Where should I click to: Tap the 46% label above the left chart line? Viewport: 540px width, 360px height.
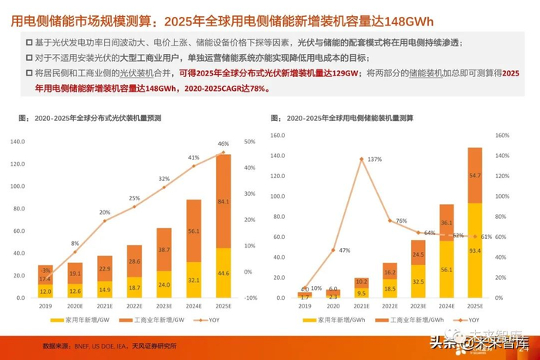pos(223,144)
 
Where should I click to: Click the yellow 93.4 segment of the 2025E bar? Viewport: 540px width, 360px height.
pos(474,250)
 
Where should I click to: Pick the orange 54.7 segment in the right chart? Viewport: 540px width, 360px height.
pos(474,176)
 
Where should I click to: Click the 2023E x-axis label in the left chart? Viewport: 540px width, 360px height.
pos(164,304)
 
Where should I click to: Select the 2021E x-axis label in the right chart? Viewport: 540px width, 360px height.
pos(362,305)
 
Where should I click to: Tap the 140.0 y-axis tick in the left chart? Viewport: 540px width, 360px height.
pos(19,141)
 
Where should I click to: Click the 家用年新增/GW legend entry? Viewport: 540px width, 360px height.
pos(78,319)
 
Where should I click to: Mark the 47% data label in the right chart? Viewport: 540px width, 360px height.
pos(345,251)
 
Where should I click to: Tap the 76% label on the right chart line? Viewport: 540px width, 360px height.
pos(400,221)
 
